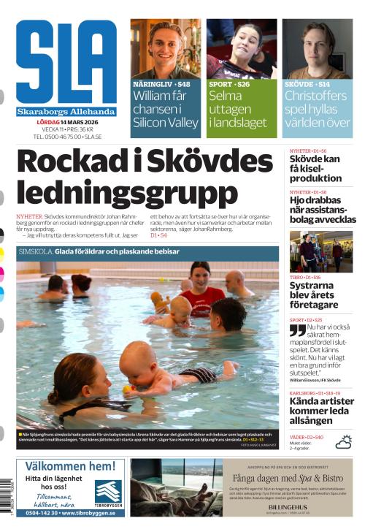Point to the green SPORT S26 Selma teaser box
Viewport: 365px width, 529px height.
[x=241, y=110]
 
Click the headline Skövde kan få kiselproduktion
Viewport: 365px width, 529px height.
[x=315, y=168]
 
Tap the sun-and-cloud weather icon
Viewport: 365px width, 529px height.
[x=343, y=441]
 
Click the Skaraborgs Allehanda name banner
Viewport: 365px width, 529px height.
[x=66, y=112]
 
